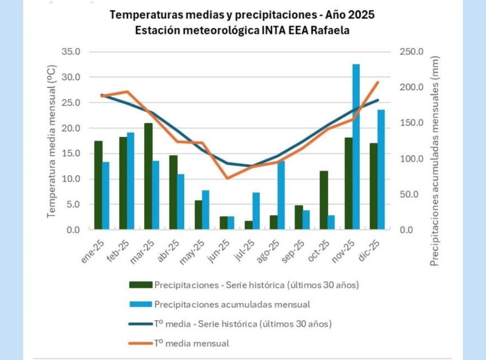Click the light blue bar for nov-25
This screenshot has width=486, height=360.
(x=356, y=147)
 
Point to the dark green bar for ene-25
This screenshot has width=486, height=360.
(x=98, y=185)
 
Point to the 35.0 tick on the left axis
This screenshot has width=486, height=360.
(x=71, y=52)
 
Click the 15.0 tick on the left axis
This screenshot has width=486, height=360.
(x=71, y=153)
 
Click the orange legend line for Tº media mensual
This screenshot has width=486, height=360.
(x=139, y=343)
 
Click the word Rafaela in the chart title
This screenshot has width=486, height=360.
(x=333, y=30)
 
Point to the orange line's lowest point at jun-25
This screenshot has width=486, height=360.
(x=227, y=179)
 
